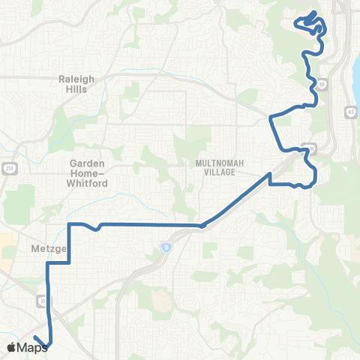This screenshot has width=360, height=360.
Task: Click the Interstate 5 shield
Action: click(x=164, y=246)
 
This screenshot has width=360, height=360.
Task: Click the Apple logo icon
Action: click(x=11, y=347)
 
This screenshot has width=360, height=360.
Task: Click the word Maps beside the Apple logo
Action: click(x=32, y=347)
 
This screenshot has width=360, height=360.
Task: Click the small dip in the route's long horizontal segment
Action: click(x=97, y=229)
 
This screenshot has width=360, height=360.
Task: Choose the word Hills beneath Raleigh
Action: click(x=76, y=89)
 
